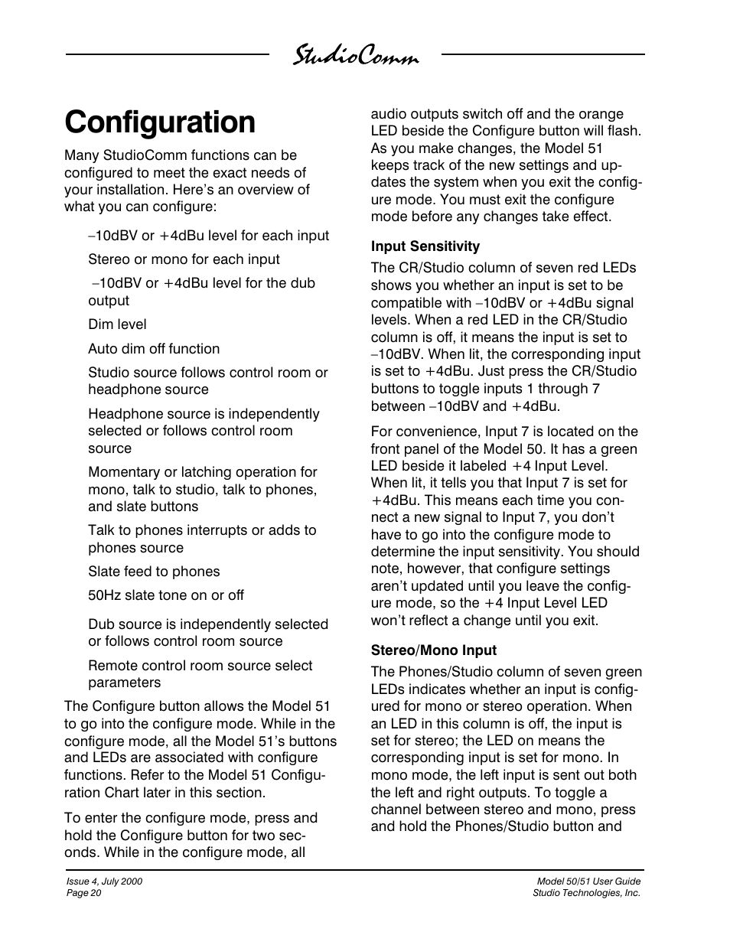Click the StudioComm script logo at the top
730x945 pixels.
356,56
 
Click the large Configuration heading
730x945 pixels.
160,122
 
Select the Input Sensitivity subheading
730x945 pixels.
425,246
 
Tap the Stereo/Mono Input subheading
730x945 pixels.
433,650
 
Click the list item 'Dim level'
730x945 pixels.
117,324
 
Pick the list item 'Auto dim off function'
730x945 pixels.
154,349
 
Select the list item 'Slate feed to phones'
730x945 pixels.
154,572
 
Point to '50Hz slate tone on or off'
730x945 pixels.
166,595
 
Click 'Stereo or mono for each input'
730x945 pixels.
184,259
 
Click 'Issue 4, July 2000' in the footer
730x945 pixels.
104,881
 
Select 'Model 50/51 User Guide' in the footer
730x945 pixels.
588,881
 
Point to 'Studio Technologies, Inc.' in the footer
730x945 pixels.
586,893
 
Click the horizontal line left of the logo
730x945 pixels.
167,54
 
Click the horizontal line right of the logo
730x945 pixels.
543,54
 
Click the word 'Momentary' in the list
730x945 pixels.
123,472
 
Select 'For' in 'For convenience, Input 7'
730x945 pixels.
382,432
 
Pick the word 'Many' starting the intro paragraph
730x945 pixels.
81,155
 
